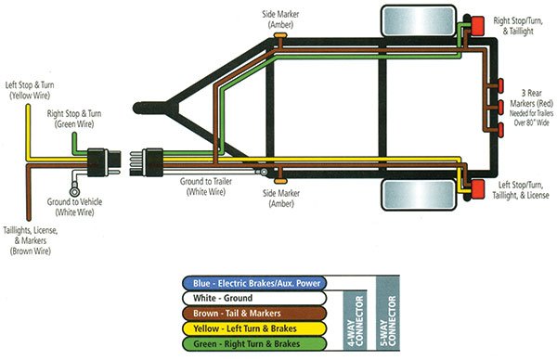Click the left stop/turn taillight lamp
[477, 188]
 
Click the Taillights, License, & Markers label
[32, 237]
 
